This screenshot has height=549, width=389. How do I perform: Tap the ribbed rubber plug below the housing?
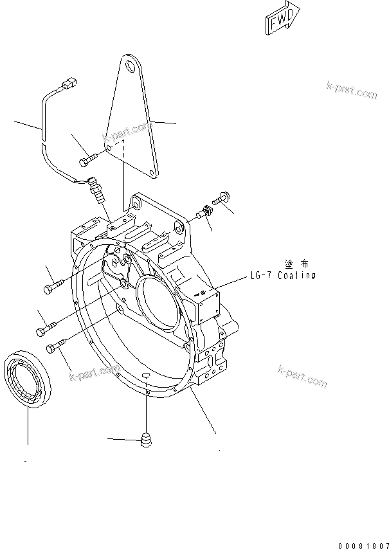(x=147, y=442)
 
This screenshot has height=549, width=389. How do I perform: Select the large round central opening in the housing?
(x=156, y=306)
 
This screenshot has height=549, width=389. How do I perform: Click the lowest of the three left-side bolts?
(x=57, y=346)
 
